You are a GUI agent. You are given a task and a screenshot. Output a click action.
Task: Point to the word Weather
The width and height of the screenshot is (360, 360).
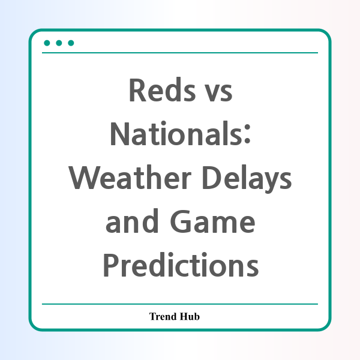(130, 177)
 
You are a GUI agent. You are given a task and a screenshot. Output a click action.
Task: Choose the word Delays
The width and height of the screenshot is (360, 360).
(247, 179)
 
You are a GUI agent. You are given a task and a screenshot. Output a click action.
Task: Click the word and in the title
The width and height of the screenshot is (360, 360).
(132, 221)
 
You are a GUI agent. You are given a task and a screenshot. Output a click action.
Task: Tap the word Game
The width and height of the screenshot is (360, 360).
(212, 221)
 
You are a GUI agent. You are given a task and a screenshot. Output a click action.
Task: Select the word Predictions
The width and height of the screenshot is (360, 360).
(181, 265)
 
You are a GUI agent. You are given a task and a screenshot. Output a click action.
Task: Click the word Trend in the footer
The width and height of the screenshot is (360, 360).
(163, 316)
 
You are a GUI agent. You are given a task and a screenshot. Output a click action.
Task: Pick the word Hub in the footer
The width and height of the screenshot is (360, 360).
(190, 316)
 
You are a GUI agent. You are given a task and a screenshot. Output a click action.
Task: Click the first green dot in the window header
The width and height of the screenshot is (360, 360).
(47, 43)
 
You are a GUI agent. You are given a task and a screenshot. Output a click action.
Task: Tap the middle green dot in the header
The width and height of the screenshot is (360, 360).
(59, 43)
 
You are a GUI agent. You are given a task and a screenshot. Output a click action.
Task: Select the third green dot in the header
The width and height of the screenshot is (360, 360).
(71, 43)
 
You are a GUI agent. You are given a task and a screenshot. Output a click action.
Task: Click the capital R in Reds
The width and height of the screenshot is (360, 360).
(138, 90)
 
